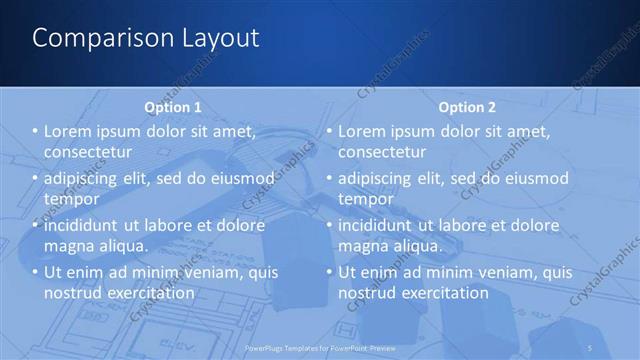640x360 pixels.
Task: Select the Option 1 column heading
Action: coord(173,107)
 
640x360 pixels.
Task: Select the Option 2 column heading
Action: coord(466,107)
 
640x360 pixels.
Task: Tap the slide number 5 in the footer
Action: coord(591,347)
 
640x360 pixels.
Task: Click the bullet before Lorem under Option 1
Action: coord(35,132)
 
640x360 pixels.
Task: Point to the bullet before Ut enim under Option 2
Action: coord(329,272)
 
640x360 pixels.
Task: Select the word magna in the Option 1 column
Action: coord(69,245)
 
